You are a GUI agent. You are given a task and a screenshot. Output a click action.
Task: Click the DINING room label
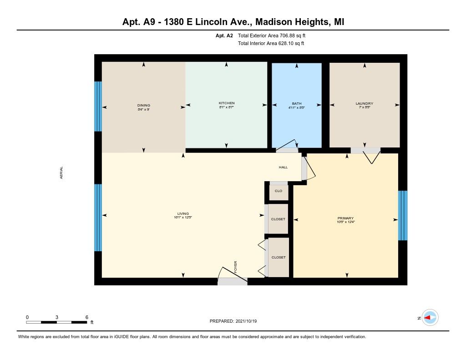coord(143,106)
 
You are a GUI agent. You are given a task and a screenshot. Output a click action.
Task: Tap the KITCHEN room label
coord(226,103)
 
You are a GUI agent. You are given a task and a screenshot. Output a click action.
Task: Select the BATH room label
coord(297,103)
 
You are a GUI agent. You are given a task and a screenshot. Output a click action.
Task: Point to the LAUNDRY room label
coord(364,103)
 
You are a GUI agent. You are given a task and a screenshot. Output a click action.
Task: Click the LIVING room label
coord(183,213)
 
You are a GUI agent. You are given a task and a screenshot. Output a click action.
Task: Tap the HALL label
coord(283,167)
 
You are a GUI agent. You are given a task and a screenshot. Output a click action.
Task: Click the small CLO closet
coord(279,191)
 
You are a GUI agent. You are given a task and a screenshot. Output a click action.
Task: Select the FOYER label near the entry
coord(236,267)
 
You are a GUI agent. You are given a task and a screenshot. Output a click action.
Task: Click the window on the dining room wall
coord(98,106)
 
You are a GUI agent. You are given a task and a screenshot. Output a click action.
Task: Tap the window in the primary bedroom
coord(403,215)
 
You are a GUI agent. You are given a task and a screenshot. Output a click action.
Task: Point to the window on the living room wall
coord(98,218)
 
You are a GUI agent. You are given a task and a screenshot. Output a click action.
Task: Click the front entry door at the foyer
coord(232,281)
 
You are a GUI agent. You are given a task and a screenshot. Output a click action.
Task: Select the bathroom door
coord(287,150)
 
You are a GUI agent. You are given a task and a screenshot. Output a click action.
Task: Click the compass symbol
coord(430,318)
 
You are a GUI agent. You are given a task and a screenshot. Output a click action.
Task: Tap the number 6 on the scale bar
coord(86,317)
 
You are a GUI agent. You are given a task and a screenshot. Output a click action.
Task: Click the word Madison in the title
coord(270,22)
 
